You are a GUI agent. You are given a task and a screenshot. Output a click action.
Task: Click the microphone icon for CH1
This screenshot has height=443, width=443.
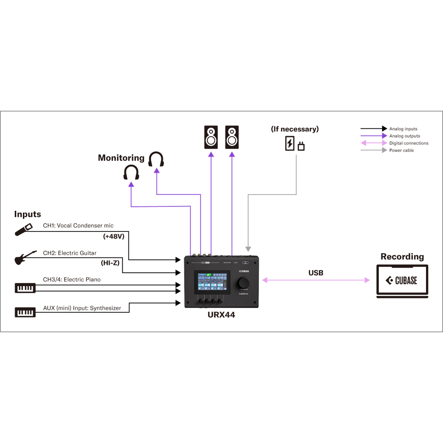point(24,229)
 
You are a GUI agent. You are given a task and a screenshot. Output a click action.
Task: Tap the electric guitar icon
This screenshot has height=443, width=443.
point(24,257)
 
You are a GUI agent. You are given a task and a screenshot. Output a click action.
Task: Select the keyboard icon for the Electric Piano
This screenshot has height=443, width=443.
point(25,288)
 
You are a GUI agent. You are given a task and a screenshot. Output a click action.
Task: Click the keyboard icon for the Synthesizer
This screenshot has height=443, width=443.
point(25,312)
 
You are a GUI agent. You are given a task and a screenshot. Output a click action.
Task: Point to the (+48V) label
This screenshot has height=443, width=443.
point(114,236)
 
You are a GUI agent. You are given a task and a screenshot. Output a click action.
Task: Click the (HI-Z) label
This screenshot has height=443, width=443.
point(110,263)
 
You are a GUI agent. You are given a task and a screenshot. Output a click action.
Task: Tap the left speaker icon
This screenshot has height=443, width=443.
point(211,137)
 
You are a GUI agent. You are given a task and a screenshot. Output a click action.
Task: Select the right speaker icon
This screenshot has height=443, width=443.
point(232,137)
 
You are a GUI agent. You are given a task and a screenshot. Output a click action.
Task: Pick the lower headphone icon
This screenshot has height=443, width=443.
point(131,172)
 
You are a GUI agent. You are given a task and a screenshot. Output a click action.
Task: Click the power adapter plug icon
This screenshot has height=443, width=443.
point(295,143)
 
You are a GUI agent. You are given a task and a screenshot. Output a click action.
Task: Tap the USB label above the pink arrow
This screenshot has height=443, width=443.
point(316,273)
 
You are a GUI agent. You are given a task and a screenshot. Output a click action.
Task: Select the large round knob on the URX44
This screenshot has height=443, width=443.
point(244,283)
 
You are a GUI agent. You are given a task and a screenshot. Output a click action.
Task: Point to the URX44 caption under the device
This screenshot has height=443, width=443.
point(221,315)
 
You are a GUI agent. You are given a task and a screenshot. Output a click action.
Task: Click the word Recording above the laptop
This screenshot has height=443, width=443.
point(402,257)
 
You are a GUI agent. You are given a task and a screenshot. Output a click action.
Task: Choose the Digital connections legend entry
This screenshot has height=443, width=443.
point(408,143)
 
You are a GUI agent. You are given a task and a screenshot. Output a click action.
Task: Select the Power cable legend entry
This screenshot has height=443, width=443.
point(401,151)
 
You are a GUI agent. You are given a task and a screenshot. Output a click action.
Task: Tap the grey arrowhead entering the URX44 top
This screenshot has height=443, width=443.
point(248,249)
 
